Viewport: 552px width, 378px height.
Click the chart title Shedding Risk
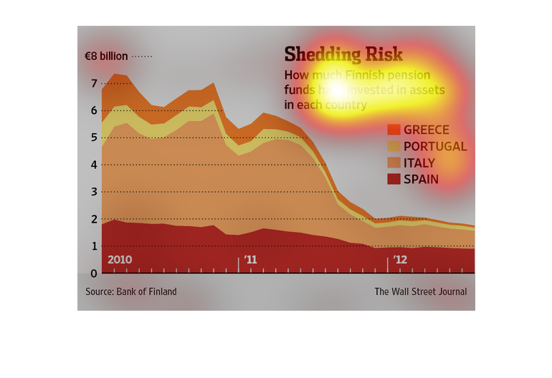343,54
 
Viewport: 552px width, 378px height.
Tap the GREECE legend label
426,130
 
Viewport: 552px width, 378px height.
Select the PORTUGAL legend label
435,147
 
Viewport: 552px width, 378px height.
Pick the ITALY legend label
419,163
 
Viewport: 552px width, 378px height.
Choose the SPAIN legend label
421,180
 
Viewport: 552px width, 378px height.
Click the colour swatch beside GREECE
394,130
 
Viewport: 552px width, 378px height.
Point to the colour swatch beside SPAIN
394,179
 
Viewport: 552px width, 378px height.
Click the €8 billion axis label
105,56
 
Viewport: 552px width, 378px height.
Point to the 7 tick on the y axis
94,84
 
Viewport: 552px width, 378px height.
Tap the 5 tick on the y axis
94,138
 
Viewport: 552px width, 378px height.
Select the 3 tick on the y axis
94,193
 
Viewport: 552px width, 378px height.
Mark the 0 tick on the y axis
94,273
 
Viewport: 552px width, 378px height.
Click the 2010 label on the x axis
120,259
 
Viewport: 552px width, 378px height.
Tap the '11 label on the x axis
250,259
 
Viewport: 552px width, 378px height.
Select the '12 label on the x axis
400,259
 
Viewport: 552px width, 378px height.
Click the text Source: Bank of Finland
131,292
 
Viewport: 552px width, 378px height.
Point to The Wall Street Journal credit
420,292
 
